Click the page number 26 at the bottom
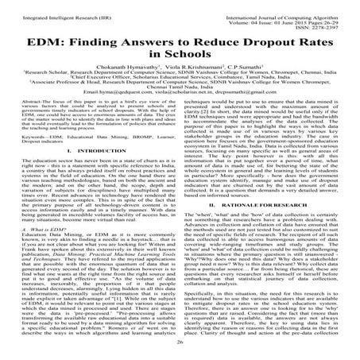180,342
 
